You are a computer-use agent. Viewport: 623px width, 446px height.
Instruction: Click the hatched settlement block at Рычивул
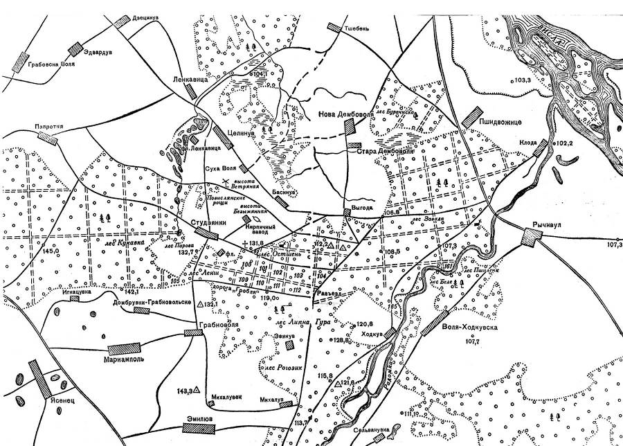531,238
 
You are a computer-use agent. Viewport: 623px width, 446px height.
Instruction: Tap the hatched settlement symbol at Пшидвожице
474,111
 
